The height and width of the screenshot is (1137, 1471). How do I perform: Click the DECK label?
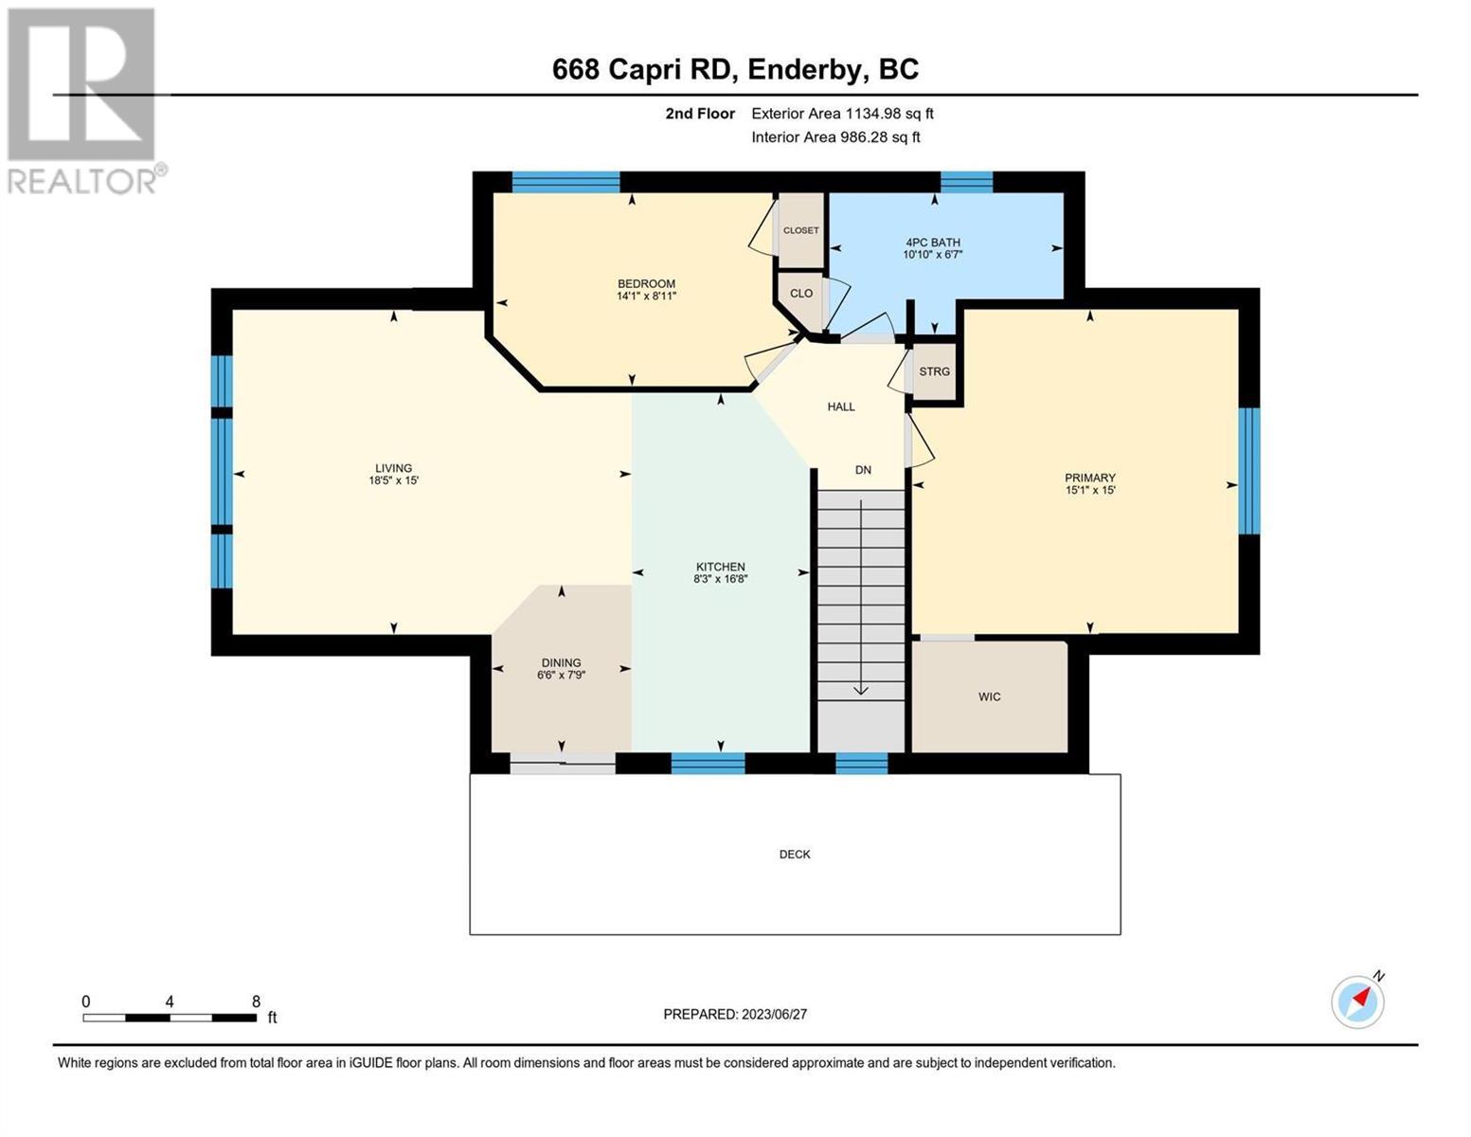click(x=794, y=855)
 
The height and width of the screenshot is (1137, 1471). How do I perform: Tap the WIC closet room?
click(x=989, y=696)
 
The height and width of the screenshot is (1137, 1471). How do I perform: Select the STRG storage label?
click(x=934, y=371)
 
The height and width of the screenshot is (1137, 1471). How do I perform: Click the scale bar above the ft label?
click(x=170, y=1018)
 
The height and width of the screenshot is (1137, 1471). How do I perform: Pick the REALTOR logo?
click(x=84, y=100)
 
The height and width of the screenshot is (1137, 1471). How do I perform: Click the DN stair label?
click(x=863, y=469)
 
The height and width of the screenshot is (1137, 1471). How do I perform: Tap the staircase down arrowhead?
click(x=860, y=690)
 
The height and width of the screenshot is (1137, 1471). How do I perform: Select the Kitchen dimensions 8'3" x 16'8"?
click(x=720, y=579)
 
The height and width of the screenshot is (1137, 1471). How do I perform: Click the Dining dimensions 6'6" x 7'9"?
click(x=561, y=676)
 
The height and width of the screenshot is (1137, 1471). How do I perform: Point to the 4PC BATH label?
click(x=933, y=242)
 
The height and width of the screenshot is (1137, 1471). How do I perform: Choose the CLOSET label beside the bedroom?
click(x=800, y=230)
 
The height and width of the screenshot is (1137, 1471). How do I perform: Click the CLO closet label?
click(x=800, y=293)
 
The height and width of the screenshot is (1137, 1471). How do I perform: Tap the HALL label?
click(x=841, y=406)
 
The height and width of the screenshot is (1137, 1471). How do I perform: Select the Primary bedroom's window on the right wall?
click(x=1249, y=471)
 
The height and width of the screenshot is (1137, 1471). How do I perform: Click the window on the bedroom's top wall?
click(x=565, y=182)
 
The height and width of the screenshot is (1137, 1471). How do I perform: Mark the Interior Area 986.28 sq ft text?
click(x=836, y=136)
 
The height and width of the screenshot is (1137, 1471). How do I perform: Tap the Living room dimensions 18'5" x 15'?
click(x=393, y=480)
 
